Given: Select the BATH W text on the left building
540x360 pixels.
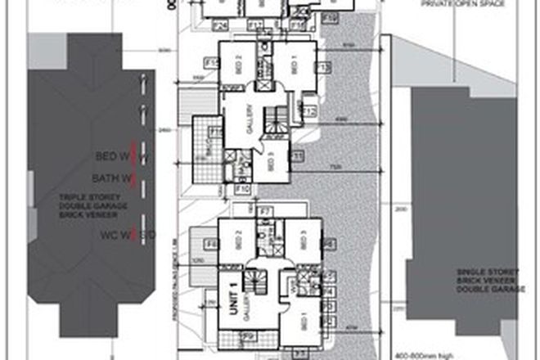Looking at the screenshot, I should [x=112, y=177].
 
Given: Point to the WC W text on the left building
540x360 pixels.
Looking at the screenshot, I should [x=115, y=236].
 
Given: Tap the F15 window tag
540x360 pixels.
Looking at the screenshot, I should [x=211, y=63].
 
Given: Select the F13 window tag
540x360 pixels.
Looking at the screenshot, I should [x=322, y=68].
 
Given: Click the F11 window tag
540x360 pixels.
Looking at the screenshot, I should [x=298, y=155].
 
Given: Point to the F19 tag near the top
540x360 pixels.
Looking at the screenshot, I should [x=330, y=16].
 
